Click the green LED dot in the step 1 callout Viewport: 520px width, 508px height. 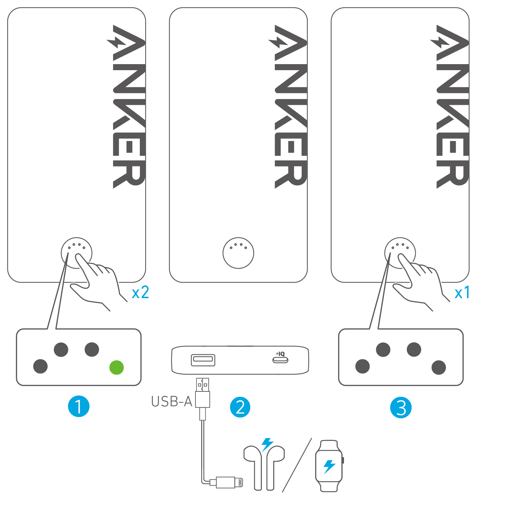pyautogui.click(x=117, y=367)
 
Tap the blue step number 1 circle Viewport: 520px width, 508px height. pyautogui.click(x=78, y=406)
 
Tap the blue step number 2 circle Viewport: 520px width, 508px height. pyautogui.click(x=240, y=407)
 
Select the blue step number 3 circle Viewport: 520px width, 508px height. pyautogui.click(x=401, y=408)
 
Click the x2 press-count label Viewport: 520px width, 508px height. pyautogui.click(x=140, y=293)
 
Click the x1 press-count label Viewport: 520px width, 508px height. pyautogui.click(x=462, y=293)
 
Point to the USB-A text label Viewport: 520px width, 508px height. pyautogui.click(x=171, y=402)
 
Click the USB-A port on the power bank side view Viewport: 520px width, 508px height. pyautogui.click(x=203, y=360)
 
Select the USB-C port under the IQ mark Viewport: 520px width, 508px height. pyautogui.click(x=280, y=360)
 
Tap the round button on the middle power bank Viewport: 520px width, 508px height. pyautogui.click(x=238, y=253)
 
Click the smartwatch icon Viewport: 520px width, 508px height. pyautogui.click(x=329, y=466)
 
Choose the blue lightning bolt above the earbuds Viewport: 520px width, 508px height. pyautogui.click(x=267, y=444)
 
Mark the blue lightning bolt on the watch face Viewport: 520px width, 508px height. pyautogui.click(x=329, y=467)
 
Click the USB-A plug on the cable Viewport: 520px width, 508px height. pyautogui.click(x=203, y=393)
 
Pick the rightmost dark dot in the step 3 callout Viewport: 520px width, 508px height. pyautogui.click(x=439, y=367)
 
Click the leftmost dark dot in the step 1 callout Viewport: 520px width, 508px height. pyautogui.click(x=41, y=366)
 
